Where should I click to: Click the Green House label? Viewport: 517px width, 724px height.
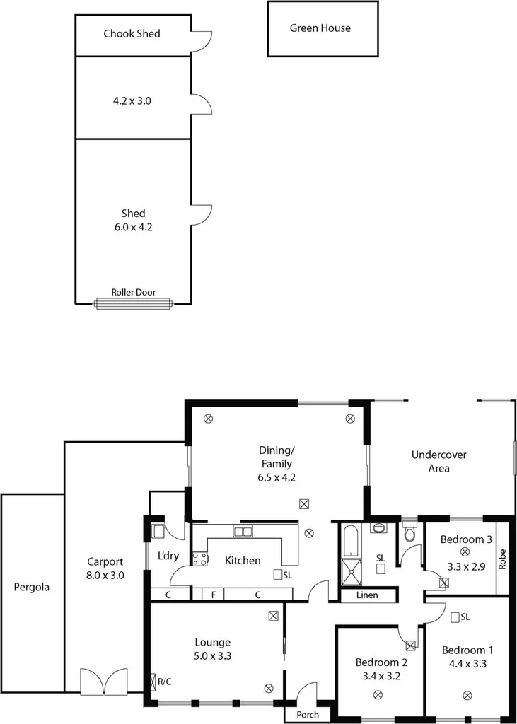tap(320, 28)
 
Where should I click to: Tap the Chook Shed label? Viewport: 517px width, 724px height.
tap(132, 33)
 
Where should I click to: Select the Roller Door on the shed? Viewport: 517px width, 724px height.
tap(133, 303)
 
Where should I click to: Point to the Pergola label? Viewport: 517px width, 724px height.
tap(32, 586)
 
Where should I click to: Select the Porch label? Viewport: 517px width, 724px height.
tap(307, 714)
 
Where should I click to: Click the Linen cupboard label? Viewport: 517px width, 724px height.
tap(366, 595)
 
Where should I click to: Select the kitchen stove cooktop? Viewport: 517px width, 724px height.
tap(200, 559)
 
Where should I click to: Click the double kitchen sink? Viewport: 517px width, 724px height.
tap(244, 532)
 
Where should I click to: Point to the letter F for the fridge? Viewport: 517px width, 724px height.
tap(213, 595)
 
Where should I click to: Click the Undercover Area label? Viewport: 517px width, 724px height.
tap(438, 462)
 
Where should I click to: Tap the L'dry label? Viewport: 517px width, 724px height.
tap(168, 556)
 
